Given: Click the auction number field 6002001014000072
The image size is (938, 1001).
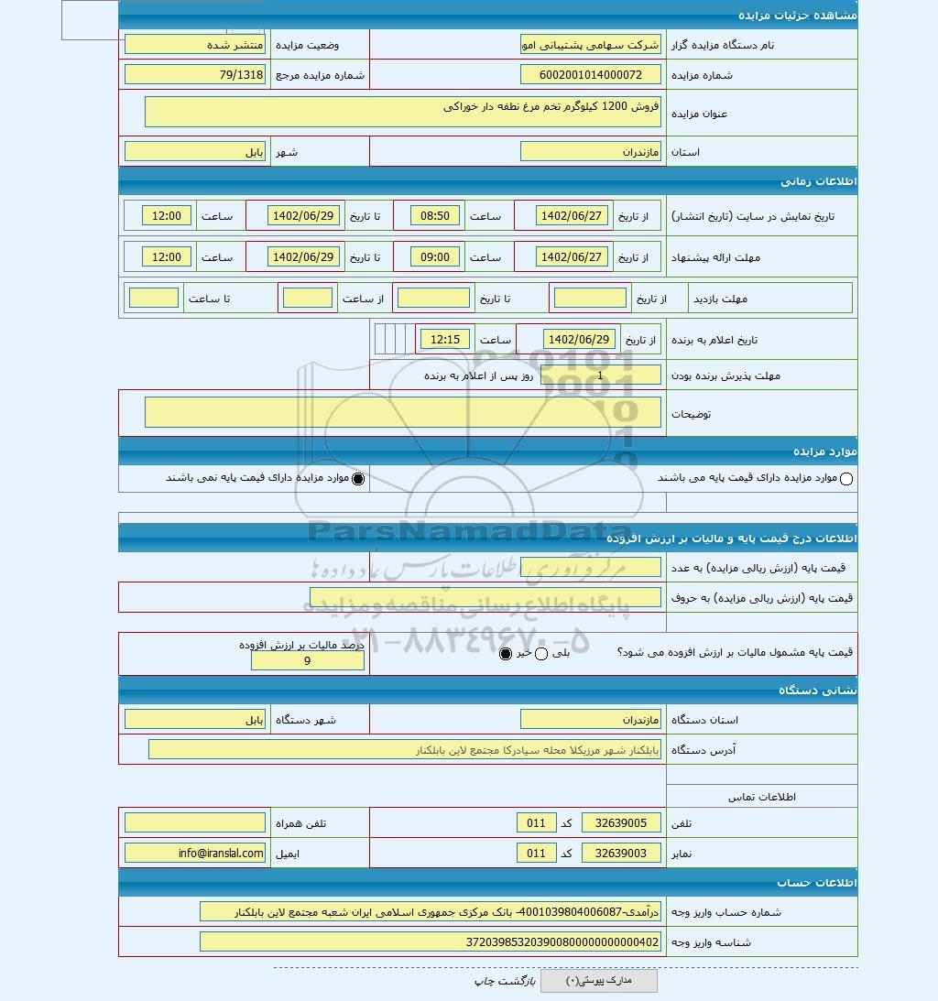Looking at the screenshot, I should (x=590, y=75).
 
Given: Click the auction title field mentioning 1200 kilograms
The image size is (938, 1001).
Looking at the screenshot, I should (x=403, y=111).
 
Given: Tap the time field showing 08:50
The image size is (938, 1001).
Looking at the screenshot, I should (x=435, y=216).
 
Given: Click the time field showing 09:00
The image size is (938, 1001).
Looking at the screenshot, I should (x=435, y=257).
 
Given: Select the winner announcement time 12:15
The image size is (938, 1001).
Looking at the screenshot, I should (x=445, y=340).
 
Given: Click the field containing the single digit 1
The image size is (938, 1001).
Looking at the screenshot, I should (x=600, y=375).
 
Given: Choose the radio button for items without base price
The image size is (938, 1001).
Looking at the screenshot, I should (x=358, y=478).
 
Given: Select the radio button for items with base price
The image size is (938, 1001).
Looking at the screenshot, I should (x=846, y=478).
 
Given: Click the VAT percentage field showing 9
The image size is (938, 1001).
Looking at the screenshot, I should (x=307, y=660).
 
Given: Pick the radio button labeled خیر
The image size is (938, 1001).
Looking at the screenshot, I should (x=506, y=653).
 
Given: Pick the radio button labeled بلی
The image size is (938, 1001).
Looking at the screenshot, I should (x=540, y=653).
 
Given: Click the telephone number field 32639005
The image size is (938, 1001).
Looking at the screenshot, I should (x=621, y=823).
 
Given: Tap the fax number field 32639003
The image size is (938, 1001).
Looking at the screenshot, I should (x=621, y=854).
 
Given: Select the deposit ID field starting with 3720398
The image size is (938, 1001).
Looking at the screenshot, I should (x=430, y=941).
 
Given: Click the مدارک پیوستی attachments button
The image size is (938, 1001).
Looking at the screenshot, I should (x=598, y=981).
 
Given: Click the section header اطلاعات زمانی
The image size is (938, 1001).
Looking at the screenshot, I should (x=819, y=181).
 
